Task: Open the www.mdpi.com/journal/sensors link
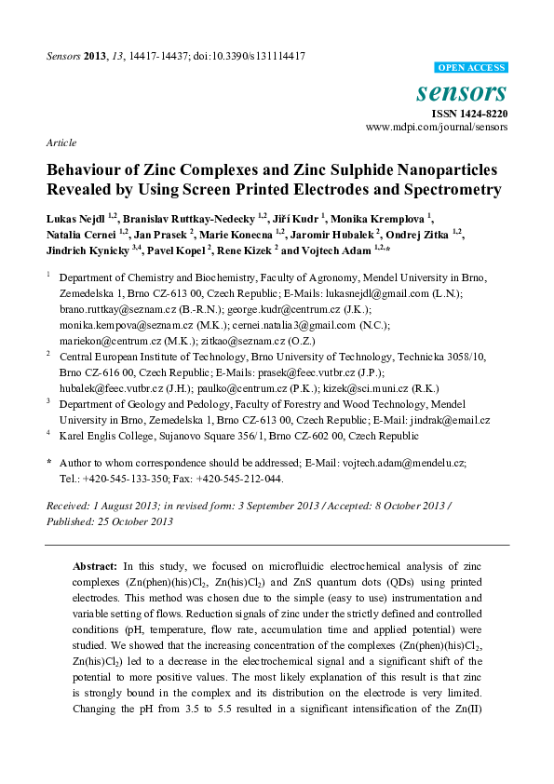438,126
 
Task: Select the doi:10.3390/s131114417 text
250,56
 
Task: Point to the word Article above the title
60,142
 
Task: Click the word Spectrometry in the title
447,190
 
